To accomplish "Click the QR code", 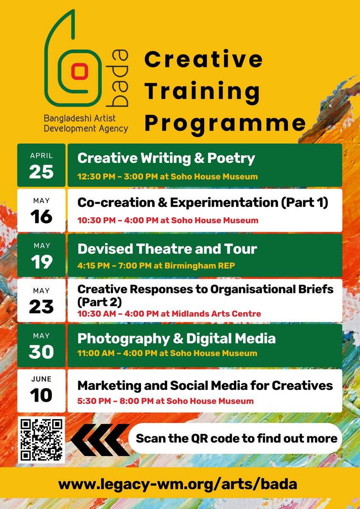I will pos(42,440).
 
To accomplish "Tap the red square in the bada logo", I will pos(78,71).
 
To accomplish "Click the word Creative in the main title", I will pos(203,59).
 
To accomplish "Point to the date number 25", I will pos(41,171).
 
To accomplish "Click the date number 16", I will pos(41,216).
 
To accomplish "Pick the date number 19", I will pos(41,262).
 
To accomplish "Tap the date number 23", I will pos(41,307).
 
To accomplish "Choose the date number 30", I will pos(41,352).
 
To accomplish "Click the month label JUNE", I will pos(41,379).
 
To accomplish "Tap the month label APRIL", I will pos(41,156).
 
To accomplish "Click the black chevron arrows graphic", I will pos(100,439).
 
